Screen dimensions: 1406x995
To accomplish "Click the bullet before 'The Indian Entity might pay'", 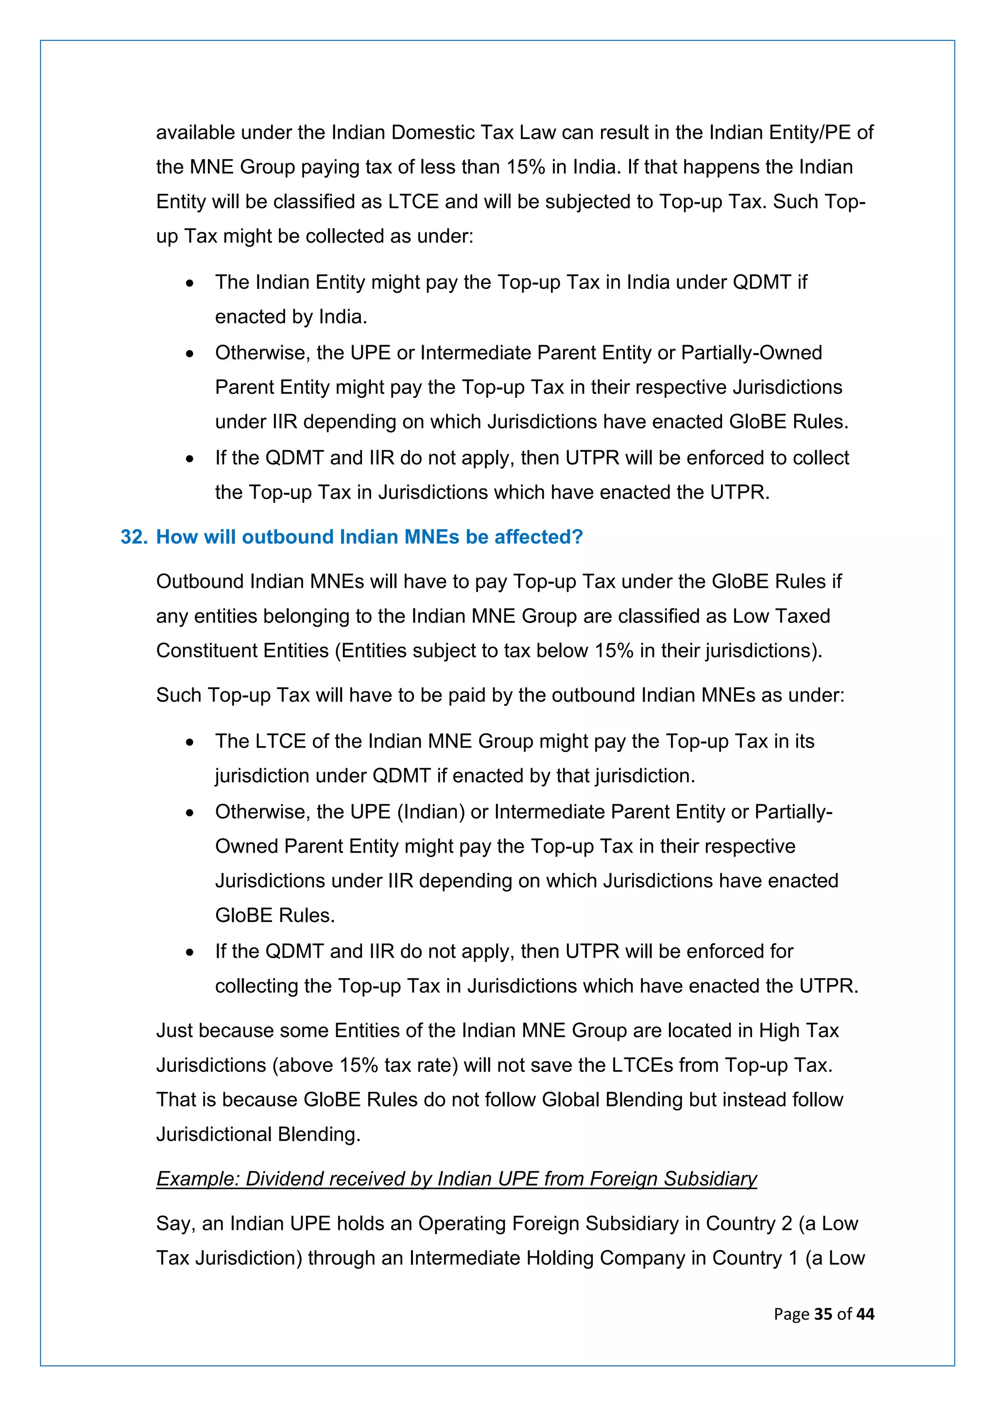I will point(190,284).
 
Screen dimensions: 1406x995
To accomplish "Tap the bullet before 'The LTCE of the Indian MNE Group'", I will point(190,743).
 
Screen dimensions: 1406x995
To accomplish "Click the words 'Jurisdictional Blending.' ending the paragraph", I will point(258,1134).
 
